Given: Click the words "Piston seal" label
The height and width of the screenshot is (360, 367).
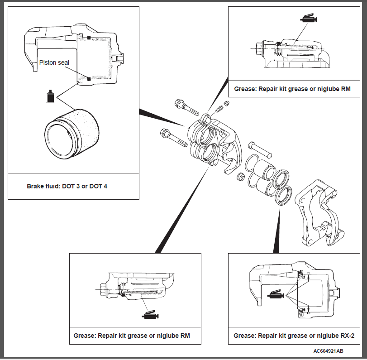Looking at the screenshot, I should click(54, 63).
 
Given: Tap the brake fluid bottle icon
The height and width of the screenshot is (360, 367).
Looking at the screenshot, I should click(51, 96).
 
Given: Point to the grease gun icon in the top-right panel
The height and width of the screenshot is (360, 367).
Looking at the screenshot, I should click(309, 19).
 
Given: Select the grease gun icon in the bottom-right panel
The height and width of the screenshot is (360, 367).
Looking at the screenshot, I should click(276, 295).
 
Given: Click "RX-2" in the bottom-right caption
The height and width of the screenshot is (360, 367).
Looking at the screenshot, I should click(346, 336).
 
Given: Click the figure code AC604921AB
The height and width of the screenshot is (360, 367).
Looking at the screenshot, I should click(328, 351).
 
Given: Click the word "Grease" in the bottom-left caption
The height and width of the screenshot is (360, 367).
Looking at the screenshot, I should click(84, 336).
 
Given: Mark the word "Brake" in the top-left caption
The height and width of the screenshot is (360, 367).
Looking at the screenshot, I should click(36, 186).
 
